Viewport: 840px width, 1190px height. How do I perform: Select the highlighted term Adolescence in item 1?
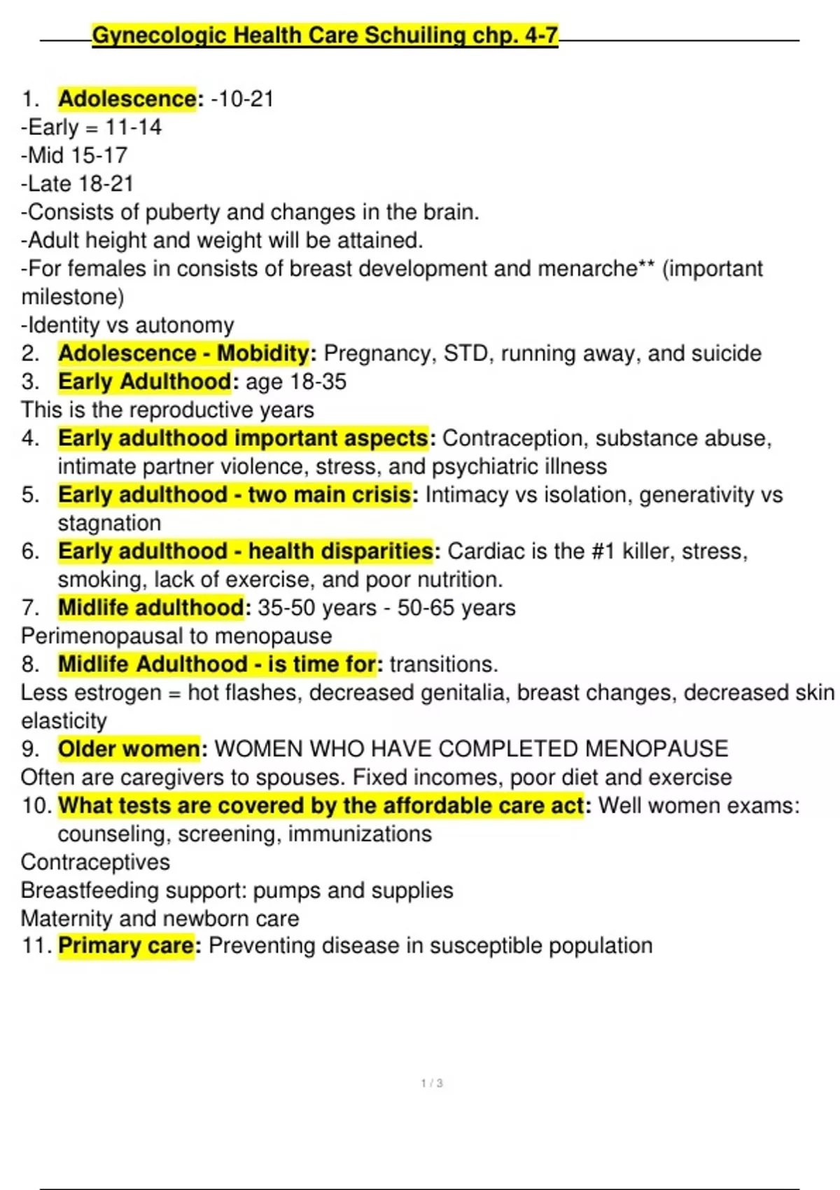[x=127, y=99]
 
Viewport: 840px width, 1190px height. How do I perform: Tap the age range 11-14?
[x=133, y=127]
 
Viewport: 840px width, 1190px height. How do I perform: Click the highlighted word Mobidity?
[x=262, y=353]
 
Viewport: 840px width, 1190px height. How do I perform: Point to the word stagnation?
[x=109, y=523]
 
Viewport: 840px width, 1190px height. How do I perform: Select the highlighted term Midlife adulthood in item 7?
[x=150, y=608]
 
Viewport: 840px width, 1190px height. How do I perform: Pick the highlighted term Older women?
[x=129, y=749]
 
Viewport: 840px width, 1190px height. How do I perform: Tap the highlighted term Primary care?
[x=126, y=946]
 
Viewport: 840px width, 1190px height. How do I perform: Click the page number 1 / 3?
[x=432, y=1083]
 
